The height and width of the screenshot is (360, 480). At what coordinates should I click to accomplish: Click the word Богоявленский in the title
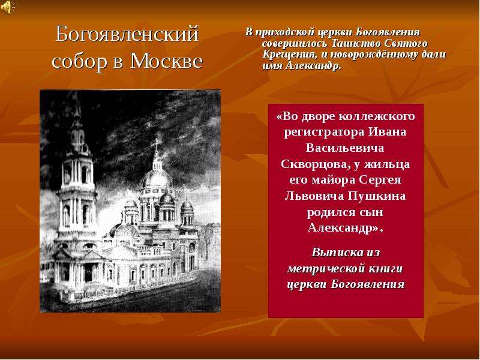coord(127,34)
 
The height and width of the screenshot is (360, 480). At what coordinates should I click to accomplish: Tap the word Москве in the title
coord(167,61)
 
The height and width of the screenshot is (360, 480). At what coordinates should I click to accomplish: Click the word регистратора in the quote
coord(324,132)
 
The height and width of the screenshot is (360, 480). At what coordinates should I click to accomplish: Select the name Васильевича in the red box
coord(346,148)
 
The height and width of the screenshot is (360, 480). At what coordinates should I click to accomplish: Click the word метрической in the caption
coord(324,268)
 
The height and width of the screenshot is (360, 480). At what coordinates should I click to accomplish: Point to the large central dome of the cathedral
coord(157,178)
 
